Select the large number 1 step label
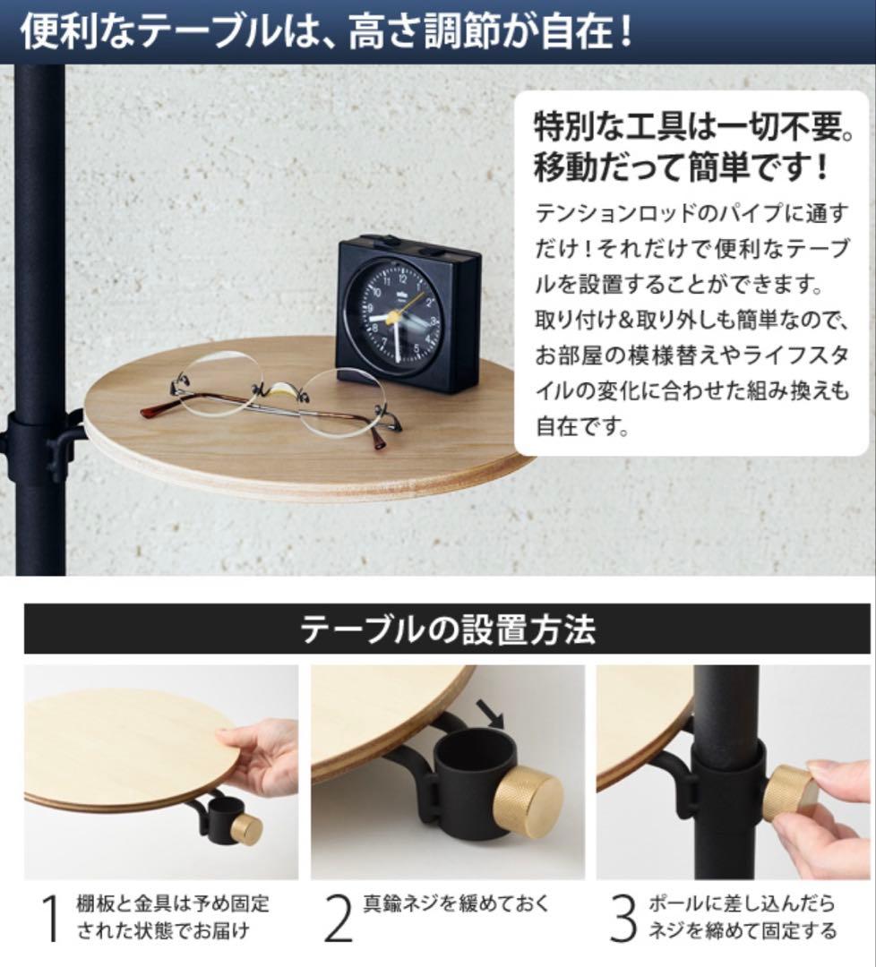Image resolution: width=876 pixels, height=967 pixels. coord(50,918)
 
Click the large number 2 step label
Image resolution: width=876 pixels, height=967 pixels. coord(338,918)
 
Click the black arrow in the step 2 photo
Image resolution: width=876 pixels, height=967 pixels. coord(491,714)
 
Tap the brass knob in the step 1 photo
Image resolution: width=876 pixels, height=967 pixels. coord(246,829)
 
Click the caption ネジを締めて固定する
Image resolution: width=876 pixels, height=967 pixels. coord(742,930)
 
